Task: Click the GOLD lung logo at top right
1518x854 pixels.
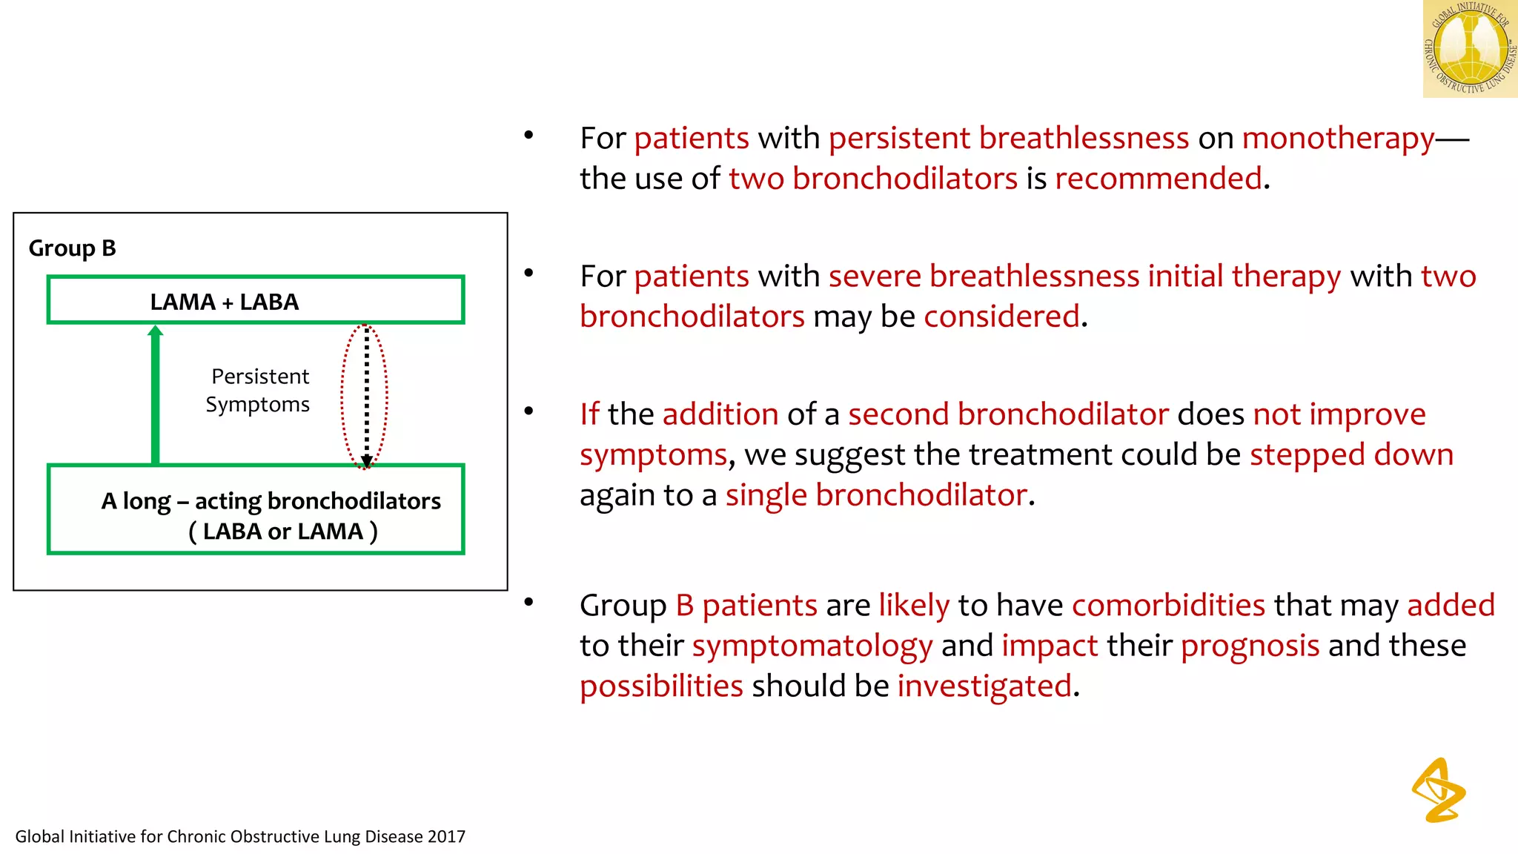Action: pyautogui.click(x=1470, y=49)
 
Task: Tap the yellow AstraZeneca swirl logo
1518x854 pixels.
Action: pyautogui.click(x=1438, y=790)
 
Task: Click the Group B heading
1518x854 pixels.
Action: pyautogui.click(x=72, y=248)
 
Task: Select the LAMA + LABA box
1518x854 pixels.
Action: pyautogui.click(x=255, y=301)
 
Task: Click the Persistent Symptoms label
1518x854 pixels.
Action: pyautogui.click(x=258, y=391)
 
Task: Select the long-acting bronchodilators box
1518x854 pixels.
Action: pyautogui.click(x=255, y=510)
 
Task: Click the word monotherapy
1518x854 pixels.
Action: pyautogui.click(x=1338, y=139)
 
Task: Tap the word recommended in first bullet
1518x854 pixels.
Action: pyautogui.click(x=1158, y=179)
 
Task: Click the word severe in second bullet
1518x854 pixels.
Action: pyautogui.click(x=874, y=277)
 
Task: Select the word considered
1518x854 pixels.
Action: pyautogui.click(x=1001, y=317)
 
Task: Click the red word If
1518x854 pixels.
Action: pyautogui.click(x=589, y=414)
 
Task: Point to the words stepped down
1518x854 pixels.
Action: pyautogui.click(x=1350, y=454)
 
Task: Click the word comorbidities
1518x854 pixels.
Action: pyautogui.click(x=1168, y=606)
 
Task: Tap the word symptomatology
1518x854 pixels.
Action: pyautogui.click(x=812, y=646)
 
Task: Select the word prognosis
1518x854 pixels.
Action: pyautogui.click(x=1250, y=646)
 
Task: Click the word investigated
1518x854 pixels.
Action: pyautogui.click(x=984, y=686)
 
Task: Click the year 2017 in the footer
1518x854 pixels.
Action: pyautogui.click(x=446, y=837)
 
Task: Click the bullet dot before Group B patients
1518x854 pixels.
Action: pyautogui.click(x=528, y=602)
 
